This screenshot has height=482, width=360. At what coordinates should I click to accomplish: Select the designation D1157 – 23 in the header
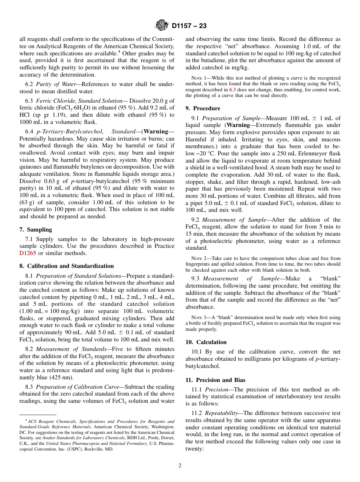[x=189, y=26]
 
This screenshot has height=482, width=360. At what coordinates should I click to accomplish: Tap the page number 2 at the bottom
[x=180, y=466]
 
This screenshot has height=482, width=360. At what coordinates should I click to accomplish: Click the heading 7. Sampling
[x=36, y=230]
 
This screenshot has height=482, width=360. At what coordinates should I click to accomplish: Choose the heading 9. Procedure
[x=203, y=108]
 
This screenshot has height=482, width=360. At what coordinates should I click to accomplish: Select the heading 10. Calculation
[x=206, y=342]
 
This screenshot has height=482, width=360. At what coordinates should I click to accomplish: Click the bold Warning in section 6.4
[x=156, y=131]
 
